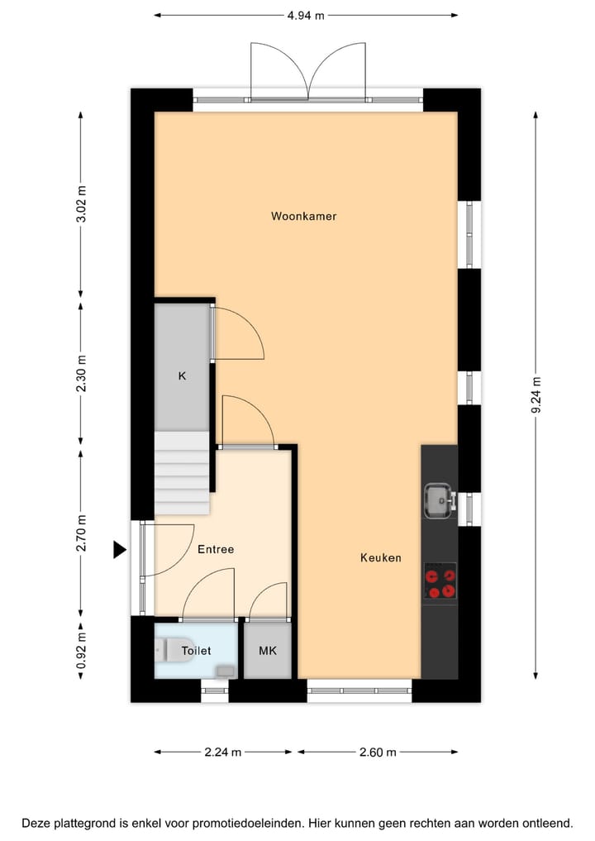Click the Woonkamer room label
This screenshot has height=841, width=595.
[x=304, y=217]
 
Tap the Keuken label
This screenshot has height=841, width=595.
[x=380, y=558]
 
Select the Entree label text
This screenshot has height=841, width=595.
[x=216, y=549]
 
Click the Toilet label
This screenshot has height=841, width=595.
[x=196, y=651]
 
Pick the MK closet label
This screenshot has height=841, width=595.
[x=268, y=651]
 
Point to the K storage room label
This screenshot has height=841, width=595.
[x=183, y=375]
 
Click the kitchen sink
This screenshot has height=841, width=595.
[x=439, y=499]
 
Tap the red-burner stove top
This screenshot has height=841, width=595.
[x=440, y=582]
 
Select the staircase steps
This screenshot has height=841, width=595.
[x=182, y=471]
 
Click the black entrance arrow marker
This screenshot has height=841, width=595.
[x=120, y=549]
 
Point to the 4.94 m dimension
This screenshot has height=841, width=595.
[x=306, y=15]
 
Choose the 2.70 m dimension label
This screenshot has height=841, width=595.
[x=81, y=533]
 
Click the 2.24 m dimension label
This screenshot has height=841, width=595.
[x=223, y=752]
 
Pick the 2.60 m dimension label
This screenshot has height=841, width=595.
[x=377, y=752]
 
